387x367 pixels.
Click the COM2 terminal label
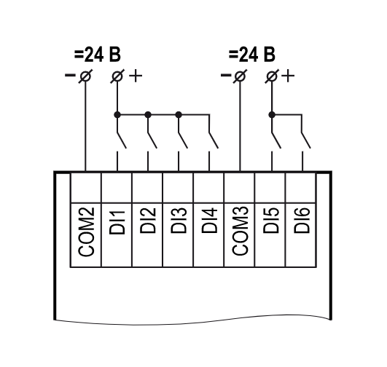pos(86,232)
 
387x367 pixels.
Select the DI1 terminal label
pos(117,222)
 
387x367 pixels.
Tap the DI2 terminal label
pos(148,221)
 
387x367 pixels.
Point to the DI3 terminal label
pos(179,221)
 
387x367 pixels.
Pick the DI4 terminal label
pos(209,221)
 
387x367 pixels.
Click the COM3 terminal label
pos(240,231)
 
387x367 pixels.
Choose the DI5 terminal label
pos(270,221)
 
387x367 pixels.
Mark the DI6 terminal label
pos(301,221)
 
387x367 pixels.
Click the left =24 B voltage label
pos(97,55)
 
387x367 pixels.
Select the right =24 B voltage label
pos(251,55)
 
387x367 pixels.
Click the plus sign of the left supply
pos(136,76)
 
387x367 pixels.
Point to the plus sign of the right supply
pos(288,76)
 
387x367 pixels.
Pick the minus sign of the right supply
pos(225,75)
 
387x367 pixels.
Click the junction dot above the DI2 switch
pos(148,115)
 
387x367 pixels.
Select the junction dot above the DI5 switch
pos(272,115)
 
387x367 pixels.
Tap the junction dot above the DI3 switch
pos(179,115)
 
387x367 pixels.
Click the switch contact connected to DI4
pos(214,141)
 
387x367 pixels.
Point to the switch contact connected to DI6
pos(306,141)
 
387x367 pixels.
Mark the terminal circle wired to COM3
pos(240,76)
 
